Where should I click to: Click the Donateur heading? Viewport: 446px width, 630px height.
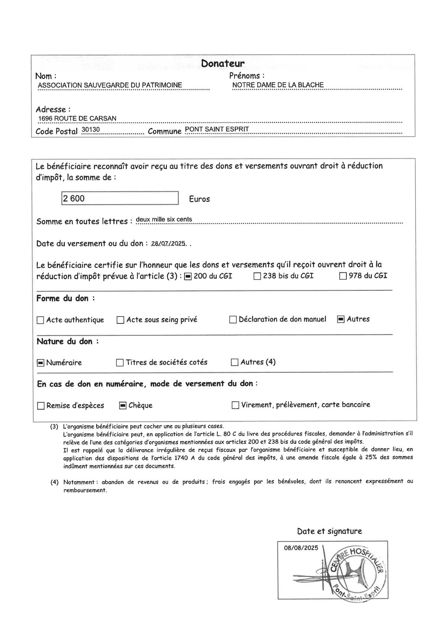(x=223, y=63)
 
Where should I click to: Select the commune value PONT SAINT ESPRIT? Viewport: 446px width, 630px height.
(x=217, y=129)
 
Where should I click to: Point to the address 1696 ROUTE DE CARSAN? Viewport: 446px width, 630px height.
(x=77, y=118)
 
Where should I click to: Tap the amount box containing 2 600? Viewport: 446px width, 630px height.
(x=120, y=198)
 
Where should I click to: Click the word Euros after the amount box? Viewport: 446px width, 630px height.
(x=199, y=199)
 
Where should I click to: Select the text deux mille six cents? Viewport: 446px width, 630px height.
(x=164, y=219)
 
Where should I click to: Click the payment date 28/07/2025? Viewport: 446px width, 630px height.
(x=168, y=244)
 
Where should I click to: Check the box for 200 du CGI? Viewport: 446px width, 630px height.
(x=188, y=277)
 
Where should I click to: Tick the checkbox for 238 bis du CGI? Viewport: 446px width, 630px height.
(x=257, y=277)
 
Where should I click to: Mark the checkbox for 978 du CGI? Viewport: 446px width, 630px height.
(x=343, y=277)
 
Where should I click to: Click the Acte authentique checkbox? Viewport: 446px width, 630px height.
(x=40, y=320)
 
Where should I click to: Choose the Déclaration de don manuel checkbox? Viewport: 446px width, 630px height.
(x=233, y=320)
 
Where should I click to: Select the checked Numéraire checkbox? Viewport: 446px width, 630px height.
(x=40, y=363)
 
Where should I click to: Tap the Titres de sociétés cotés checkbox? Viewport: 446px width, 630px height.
(x=120, y=363)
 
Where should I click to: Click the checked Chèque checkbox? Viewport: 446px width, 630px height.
(x=123, y=406)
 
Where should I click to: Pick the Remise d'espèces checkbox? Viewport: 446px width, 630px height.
(x=41, y=406)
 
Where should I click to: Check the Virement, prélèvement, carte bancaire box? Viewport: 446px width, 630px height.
(x=235, y=405)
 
